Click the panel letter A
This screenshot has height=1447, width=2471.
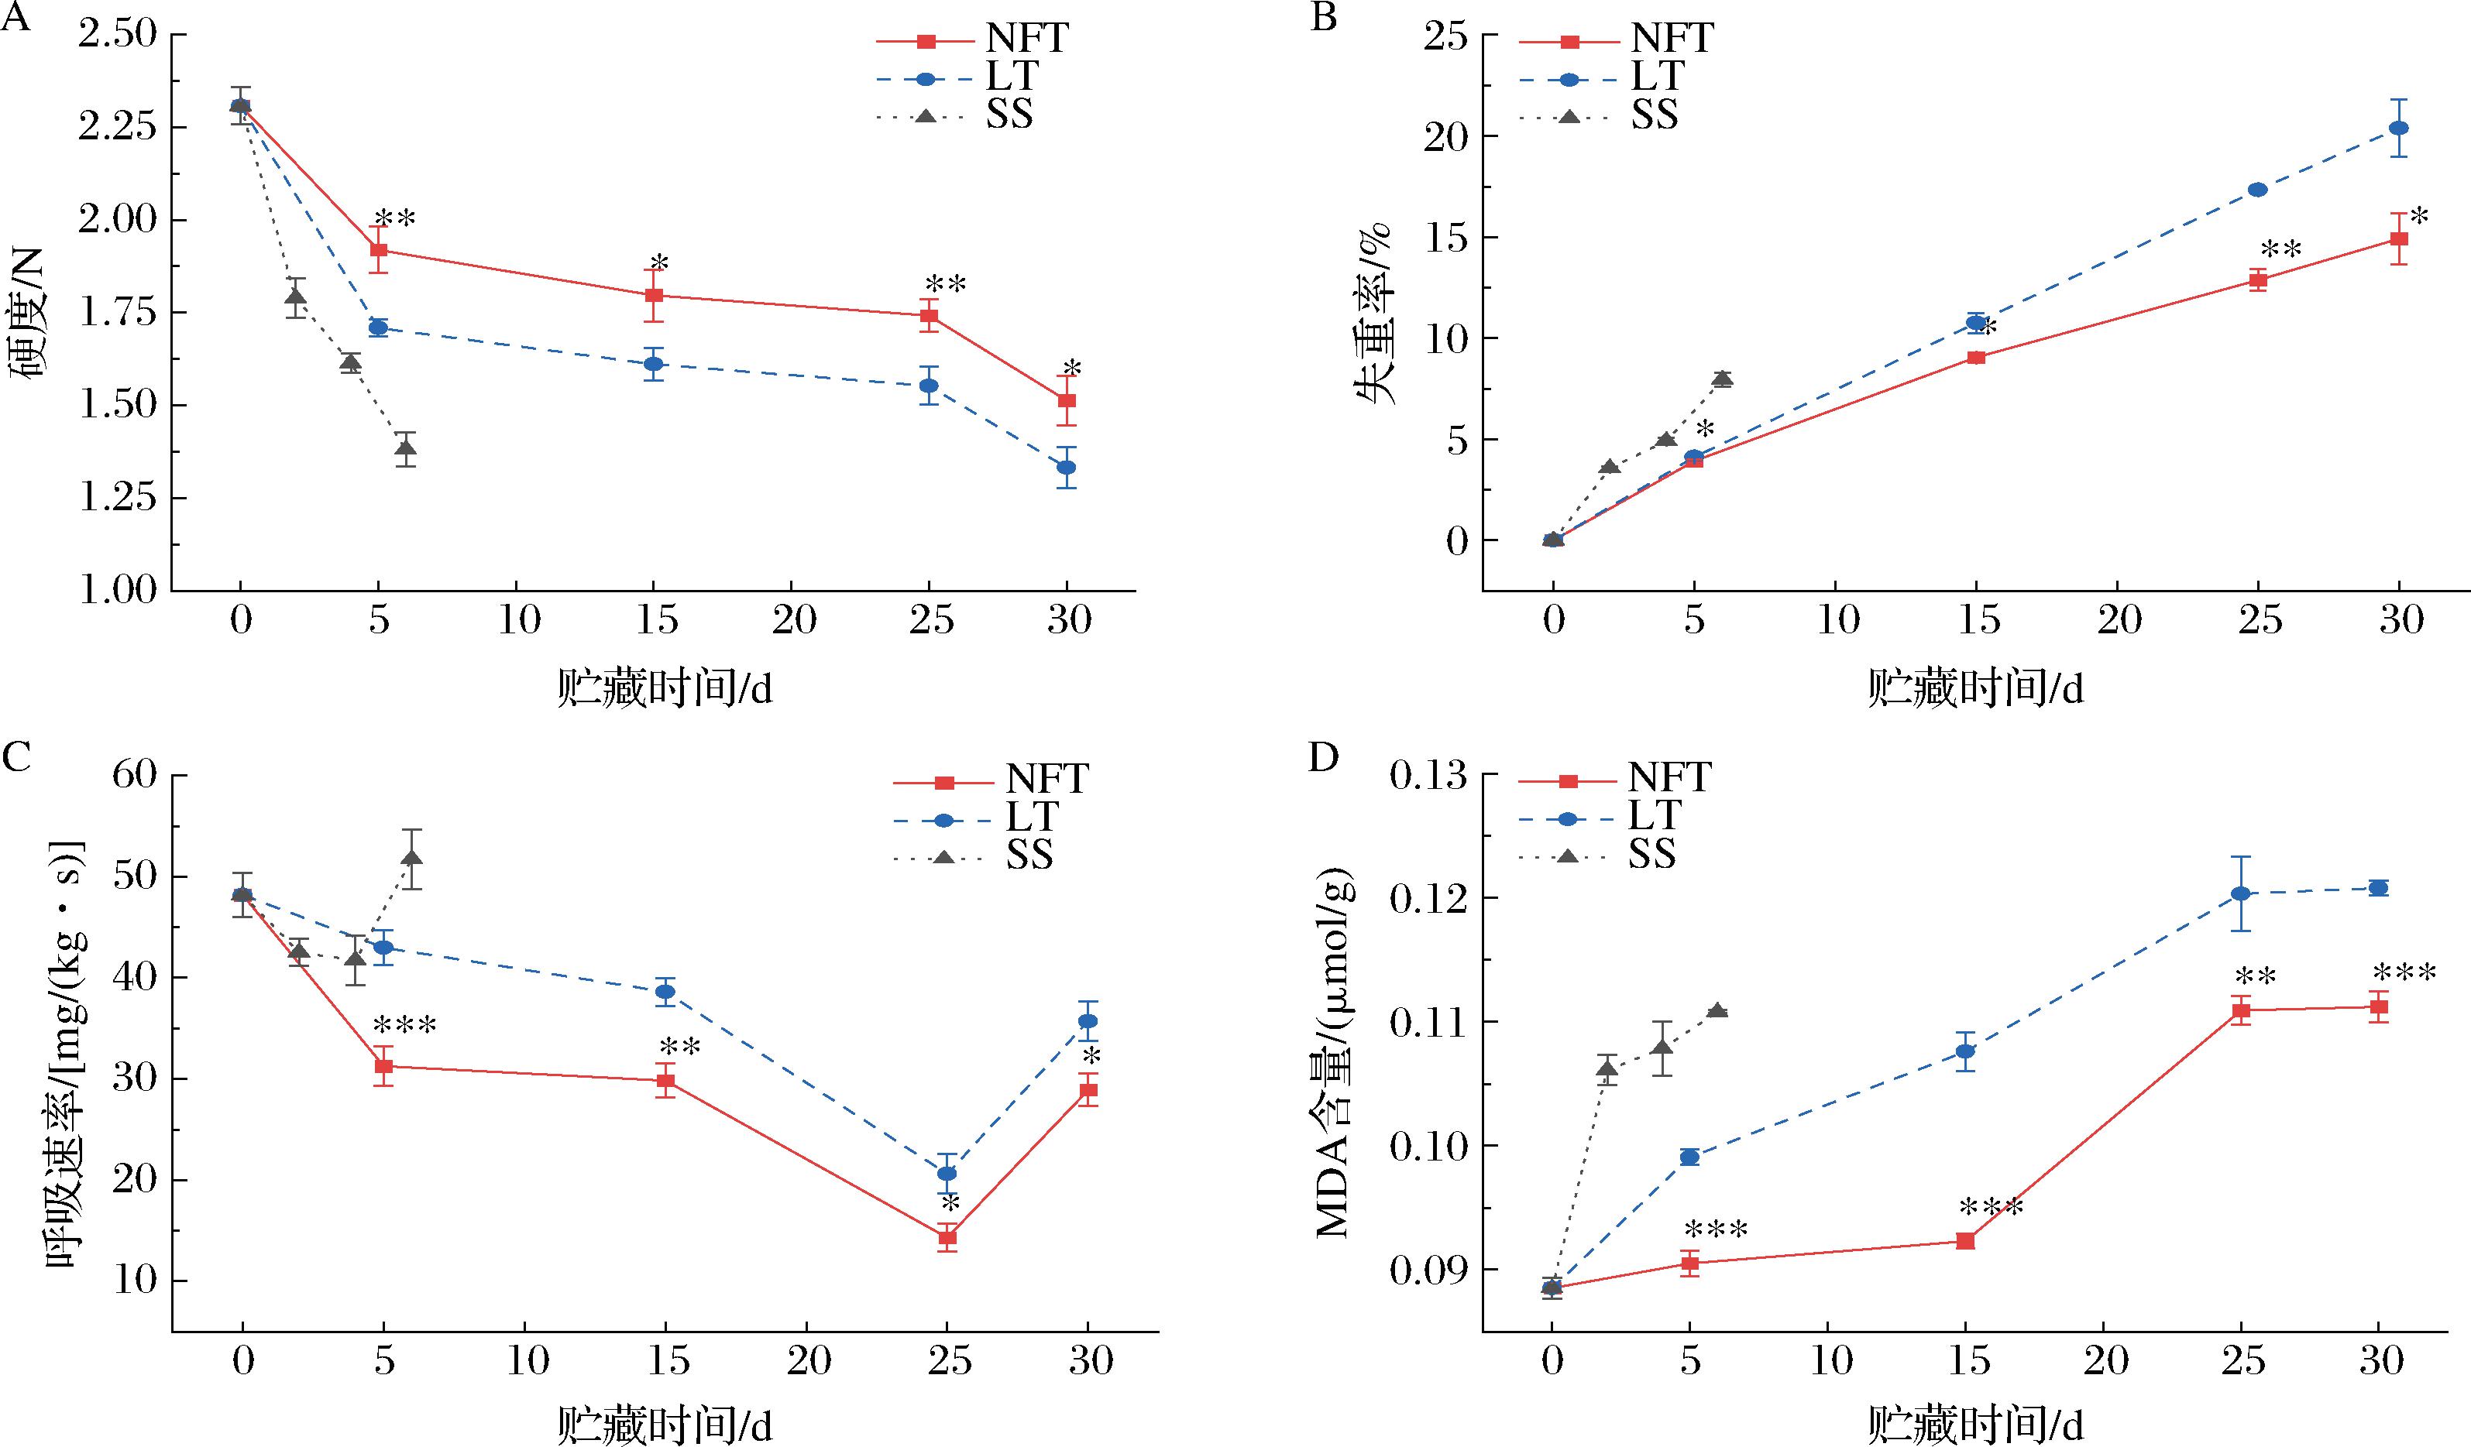tap(15, 18)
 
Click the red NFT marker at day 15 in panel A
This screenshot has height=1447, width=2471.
tap(654, 295)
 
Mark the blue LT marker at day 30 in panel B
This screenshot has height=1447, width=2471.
tap(2398, 129)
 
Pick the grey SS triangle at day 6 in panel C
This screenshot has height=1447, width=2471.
tap(412, 858)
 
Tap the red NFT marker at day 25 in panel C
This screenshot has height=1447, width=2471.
tap(947, 1237)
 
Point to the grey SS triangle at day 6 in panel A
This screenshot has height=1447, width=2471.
tap(406, 449)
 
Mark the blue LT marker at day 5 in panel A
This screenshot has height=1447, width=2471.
tap(379, 327)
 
